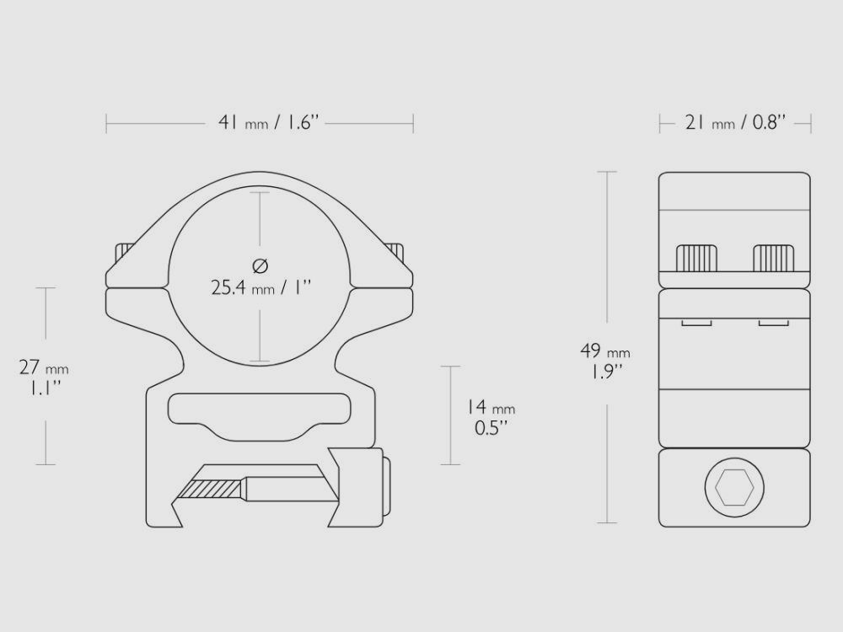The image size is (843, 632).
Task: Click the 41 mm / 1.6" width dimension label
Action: coord(266,123)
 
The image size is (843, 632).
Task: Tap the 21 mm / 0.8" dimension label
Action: coord(735,123)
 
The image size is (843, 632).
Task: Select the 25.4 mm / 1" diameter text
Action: coord(260,287)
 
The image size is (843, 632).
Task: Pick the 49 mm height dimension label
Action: coord(604,351)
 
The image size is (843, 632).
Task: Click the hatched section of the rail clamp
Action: coord(217,487)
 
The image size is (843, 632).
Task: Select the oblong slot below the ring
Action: coord(259,413)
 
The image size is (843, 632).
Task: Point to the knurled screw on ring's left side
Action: coord(126,251)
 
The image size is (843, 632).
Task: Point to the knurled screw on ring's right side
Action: coord(395,251)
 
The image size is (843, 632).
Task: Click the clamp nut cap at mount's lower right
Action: coord(387,486)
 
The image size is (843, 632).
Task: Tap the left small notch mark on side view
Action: coord(696,322)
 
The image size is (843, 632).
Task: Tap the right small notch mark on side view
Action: coord(773,322)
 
